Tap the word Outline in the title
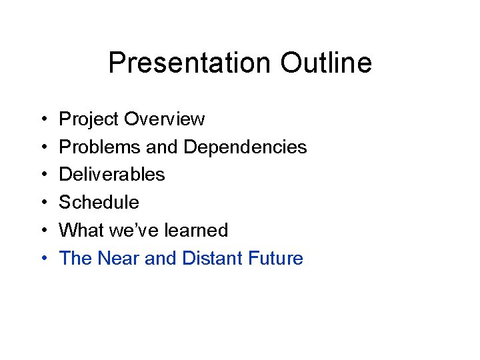326,63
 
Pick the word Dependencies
245,147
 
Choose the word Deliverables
112,175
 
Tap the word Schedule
99,202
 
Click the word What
79,230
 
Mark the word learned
195,230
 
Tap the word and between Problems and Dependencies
161,147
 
